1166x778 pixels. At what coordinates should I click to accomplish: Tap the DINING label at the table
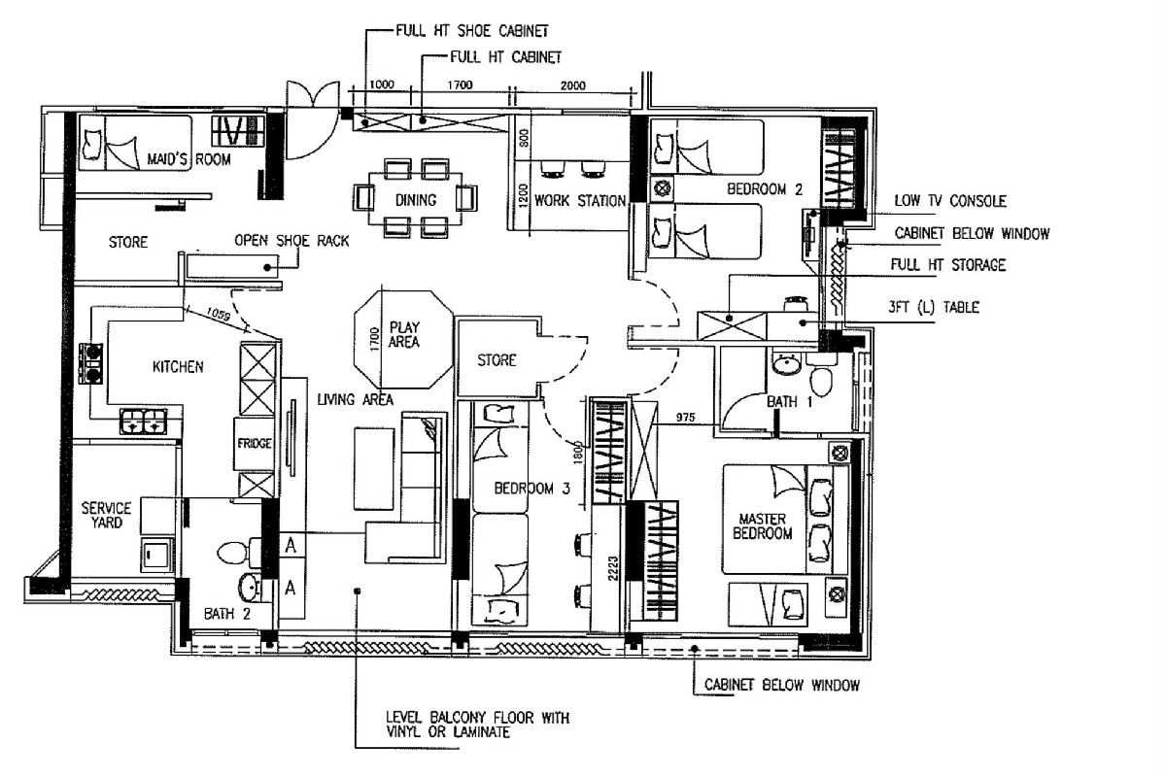415,201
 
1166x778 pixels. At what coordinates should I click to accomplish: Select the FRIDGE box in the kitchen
254,444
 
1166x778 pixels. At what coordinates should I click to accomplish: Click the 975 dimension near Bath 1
686,417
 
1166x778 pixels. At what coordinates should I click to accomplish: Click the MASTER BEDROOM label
765,525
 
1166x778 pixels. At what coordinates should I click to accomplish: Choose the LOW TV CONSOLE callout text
949,202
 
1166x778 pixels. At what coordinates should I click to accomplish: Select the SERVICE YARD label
106,515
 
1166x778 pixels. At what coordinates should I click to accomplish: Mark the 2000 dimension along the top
573,85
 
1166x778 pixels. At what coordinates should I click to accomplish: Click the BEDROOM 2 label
765,190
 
